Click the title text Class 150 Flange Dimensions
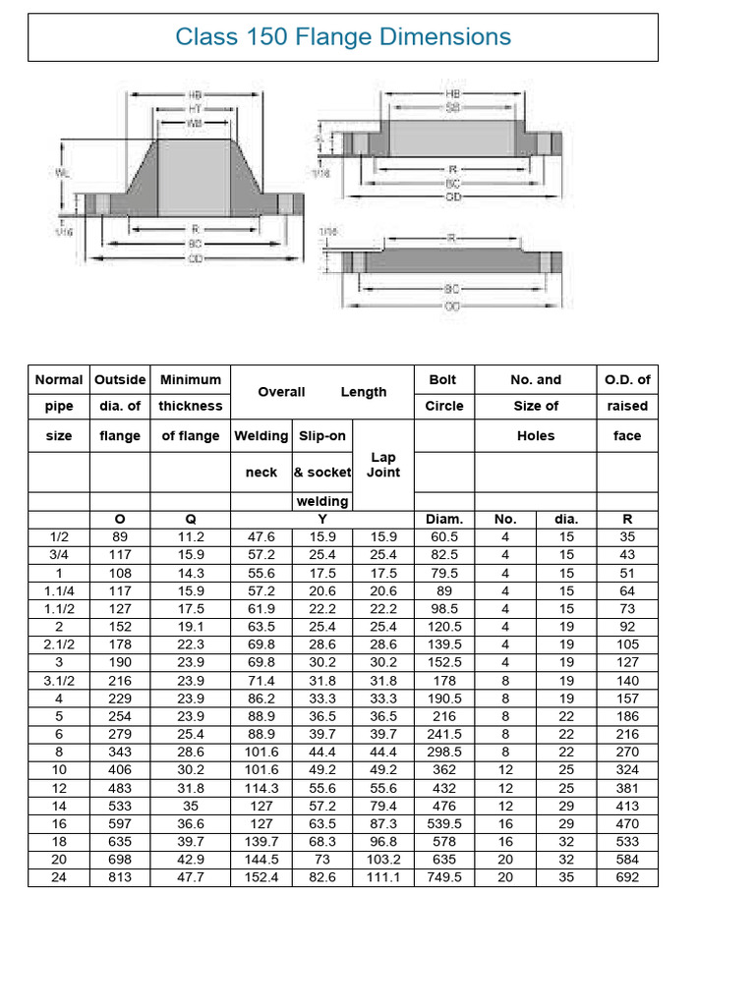coord(343,37)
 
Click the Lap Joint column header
coord(383,465)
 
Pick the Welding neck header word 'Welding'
coord(261,435)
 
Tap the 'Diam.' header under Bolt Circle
coord(443,519)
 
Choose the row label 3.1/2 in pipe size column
coord(59,679)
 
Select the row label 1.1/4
coord(59,590)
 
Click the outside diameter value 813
coord(119,877)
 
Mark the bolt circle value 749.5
coord(443,877)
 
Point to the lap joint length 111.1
coord(383,877)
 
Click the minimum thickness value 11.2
coord(191,536)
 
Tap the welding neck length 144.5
coord(261,860)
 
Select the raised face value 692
coord(627,877)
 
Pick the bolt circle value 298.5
coord(443,751)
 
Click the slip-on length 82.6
coord(321,877)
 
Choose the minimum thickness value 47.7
coord(191,877)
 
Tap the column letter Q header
coord(191,519)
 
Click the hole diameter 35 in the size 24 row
coord(566,877)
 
